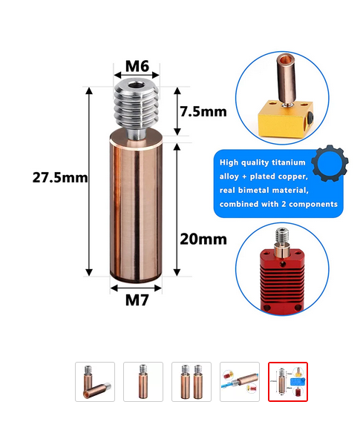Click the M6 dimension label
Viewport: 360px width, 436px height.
pyautogui.click(x=137, y=66)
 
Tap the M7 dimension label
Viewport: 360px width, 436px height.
pyautogui.click(x=137, y=300)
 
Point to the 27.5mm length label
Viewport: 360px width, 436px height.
pyautogui.click(x=60, y=177)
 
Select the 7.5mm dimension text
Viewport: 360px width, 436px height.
pyautogui.click(x=203, y=111)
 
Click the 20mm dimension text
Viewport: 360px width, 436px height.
pyautogui.click(x=203, y=239)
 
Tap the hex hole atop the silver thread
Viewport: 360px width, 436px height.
pyautogui.click(x=136, y=84)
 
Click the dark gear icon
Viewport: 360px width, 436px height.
pyautogui.click(x=330, y=163)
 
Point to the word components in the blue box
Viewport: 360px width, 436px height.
pyautogui.click(x=313, y=204)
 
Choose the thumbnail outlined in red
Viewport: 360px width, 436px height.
pyautogui.click(x=288, y=382)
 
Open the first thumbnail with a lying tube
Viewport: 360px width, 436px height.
pyautogui.click(x=95, y=382)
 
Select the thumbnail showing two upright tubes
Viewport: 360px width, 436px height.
pyautogui.click(x=192, y=382)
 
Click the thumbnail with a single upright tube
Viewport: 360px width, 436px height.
pyautogui.click(x=143, y=382)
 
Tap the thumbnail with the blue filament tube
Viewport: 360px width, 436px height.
pyautogui.click(x=240, y=382)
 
